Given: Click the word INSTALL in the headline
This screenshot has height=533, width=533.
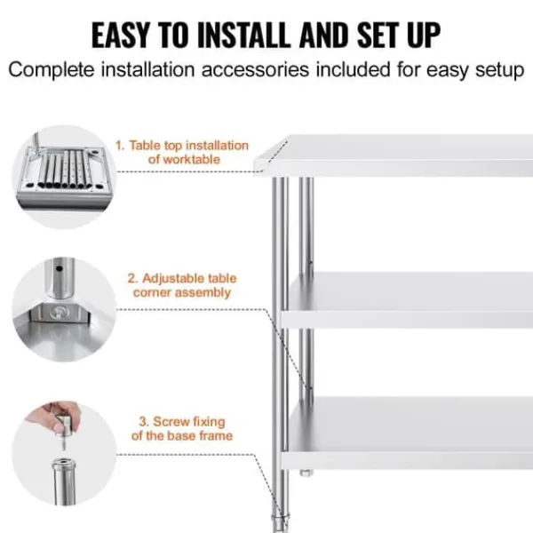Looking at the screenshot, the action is tap(243, 36).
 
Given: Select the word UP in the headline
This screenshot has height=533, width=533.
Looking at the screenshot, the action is tap(424, 36).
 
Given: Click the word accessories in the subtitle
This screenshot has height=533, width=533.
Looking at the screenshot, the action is tap(255, 69).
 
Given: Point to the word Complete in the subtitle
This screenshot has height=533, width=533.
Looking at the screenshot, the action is tap(51, 70).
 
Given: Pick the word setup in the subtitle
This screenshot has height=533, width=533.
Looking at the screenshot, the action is tap(499, 71).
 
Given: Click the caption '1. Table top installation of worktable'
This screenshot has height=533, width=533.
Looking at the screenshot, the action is tap(182, 152).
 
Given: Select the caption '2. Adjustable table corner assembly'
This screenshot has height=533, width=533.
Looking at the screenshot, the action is tap(182, 285).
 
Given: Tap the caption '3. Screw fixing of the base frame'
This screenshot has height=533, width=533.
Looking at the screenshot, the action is tap(182, 429).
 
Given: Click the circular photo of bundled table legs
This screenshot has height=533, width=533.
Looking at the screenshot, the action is tap(64, 177).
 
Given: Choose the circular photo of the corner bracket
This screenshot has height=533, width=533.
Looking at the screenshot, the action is tap(64, 309).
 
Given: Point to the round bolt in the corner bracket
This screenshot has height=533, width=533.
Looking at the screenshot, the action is tap(60, 312).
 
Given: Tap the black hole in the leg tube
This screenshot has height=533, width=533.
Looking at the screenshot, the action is tap(60, 269).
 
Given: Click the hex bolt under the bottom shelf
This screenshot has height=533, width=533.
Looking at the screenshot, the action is tap(306, 473).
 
